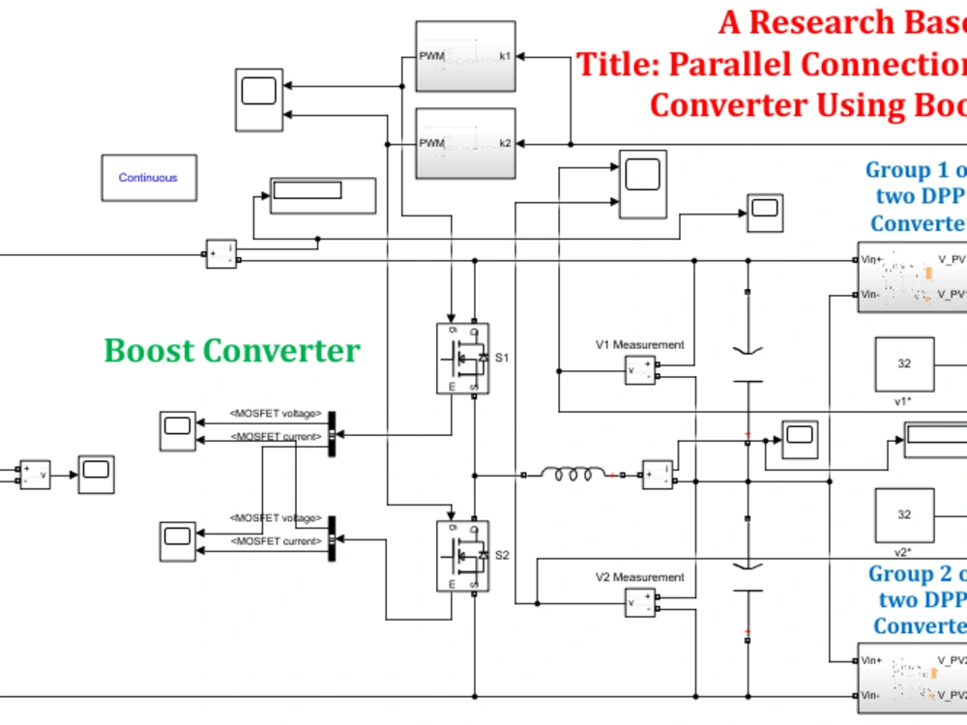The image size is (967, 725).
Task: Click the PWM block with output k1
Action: (464, 57)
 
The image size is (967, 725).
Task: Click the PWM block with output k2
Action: (464, 143)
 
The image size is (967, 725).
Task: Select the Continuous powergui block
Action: (148, 178)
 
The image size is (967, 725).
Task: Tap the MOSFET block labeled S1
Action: (462, 359)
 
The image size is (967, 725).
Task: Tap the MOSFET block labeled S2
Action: (462, 556)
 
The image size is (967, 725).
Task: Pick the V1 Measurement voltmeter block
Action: (639, 369)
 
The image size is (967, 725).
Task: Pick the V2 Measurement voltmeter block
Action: (639, 602)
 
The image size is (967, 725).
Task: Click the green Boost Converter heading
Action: (232, 350)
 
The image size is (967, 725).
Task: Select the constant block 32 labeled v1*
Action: (904, 363)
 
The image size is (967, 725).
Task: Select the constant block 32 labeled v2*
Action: (904, 514)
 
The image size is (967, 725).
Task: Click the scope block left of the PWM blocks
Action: (258, 100)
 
